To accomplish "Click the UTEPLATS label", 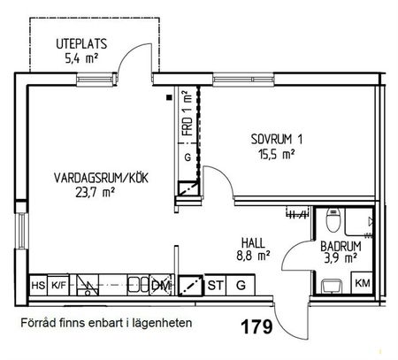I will (x=81, y=43).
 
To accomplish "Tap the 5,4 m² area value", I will (x=80, y=58).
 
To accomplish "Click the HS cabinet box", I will (x=38, y=286).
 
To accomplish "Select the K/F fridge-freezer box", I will (x=58, y=286).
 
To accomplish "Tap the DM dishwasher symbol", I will (x=159, y=285).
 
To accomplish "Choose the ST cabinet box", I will (x=216, y=285).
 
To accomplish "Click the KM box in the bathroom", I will (x=362, y=283).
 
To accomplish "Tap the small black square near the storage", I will (x=169, y=99).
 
